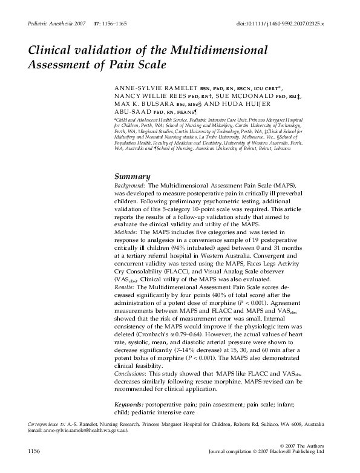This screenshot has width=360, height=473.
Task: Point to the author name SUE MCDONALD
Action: point(246,96)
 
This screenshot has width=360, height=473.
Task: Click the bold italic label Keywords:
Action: point(131,403)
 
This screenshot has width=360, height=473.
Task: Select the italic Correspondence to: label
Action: point(47,425)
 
